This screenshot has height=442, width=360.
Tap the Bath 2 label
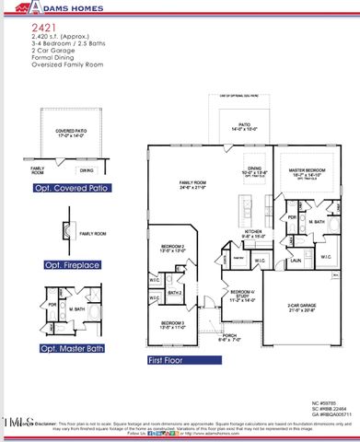point(172,293)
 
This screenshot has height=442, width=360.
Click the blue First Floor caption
point(171,362)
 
